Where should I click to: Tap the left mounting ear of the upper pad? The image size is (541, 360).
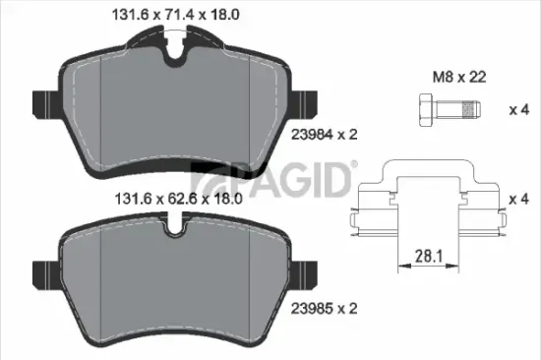[45, 102]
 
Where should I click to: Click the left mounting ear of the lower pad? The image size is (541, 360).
[45, 270]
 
